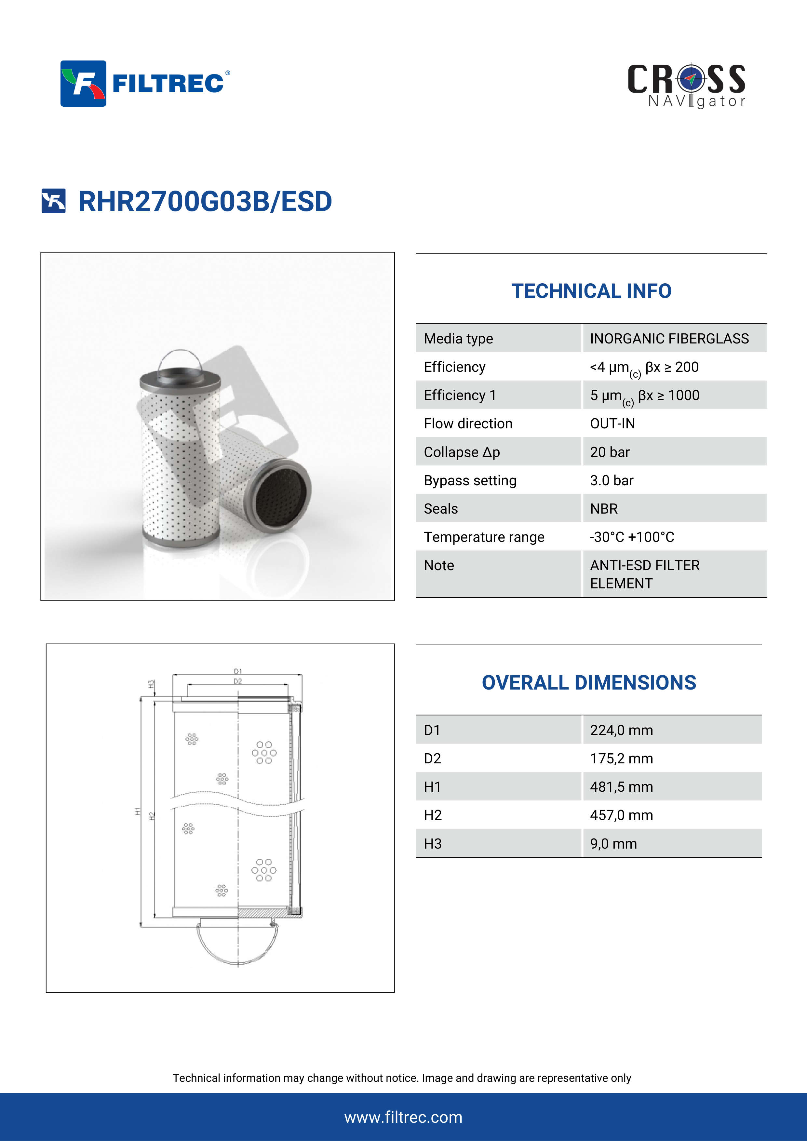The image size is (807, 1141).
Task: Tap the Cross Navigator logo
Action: [x=686, y=86]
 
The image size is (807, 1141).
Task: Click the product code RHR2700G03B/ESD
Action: [x=205, y=201]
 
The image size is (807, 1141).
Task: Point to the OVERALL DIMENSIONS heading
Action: [x=588, y=683]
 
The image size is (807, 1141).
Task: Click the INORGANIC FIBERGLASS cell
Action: [x=669, y=338]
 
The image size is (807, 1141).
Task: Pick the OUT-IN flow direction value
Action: [x=612, y=423]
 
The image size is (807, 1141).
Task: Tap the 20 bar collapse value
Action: [x=610, y=452]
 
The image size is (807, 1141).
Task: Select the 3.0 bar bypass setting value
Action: [x=611, y=480]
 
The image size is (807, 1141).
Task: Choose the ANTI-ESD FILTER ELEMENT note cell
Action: [x=644, y=574]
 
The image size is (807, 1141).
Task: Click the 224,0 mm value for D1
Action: [x=621, y=730]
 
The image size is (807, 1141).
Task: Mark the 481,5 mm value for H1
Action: [x=621, y=787]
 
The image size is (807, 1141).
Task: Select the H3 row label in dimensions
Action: [x=432, y=844]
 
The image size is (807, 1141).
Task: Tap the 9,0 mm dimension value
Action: [x=613, y=844]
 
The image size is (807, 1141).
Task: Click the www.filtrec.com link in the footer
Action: [x=403, y=1117]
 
